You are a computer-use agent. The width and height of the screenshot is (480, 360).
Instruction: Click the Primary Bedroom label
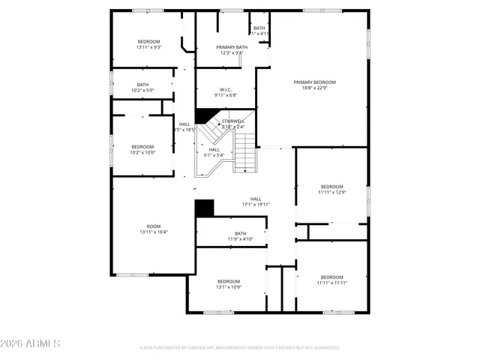pyautogui.click(x=314, y=82)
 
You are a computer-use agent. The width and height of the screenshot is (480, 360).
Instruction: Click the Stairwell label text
pyautogui.click(x=232, y=121)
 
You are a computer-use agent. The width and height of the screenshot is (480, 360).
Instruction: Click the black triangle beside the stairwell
pyautogui.click(x=202, y=115)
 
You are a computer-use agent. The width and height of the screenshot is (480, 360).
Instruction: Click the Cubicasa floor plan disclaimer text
pyautogui.click(x=240, y=348)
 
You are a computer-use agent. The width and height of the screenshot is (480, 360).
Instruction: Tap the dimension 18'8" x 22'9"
pyautogui.click(x=314, y=88)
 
